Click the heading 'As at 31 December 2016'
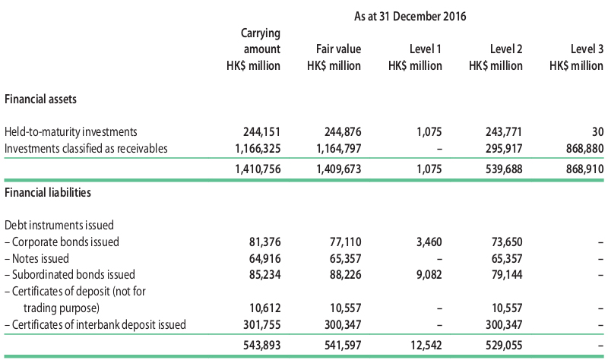point(410,16)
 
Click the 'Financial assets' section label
point(41,99)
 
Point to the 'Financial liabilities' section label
point(48,193)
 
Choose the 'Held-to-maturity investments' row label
point(71,131)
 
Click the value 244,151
point(261,131)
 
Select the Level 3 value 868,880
point(584,148)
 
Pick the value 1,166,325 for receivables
point(258,148)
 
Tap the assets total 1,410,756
point(258,169)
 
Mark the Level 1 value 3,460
point(429,242)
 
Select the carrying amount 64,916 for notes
point(264,258)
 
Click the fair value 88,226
point(346,275)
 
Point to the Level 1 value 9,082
point(429,275)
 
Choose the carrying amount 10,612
point(264,308)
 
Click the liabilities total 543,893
point(261,346)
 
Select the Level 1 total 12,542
point(426,346)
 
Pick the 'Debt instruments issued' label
point(59,225)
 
